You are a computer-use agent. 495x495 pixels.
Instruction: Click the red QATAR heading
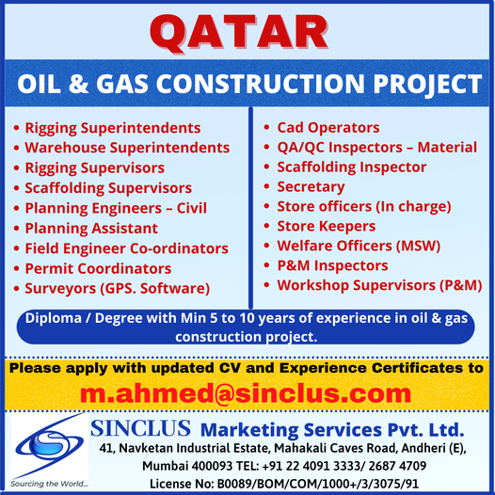click(x=239, y=33)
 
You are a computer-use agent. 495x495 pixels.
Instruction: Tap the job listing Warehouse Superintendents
click(x=127, y=148)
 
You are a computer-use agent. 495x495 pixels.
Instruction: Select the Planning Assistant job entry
click(x=91, y=229)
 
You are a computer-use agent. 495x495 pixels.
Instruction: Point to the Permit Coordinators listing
click(x=98, y=268)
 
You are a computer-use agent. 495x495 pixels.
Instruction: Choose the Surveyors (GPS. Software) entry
click(x=118, y=289)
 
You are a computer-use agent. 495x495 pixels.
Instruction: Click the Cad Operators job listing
click(x=328, y=128)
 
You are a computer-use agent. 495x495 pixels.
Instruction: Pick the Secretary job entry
click(x=311, y=187)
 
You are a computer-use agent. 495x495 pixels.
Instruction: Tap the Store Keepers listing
click(x=327, y=227)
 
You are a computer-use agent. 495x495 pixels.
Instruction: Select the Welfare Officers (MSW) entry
click(x=359, y=246)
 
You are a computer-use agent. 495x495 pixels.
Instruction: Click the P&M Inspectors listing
click(x=332, y=265)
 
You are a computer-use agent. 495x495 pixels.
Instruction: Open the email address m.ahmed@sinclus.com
click(x=246, y=393)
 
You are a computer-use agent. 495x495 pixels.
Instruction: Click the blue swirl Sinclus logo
click(x=49, y=445)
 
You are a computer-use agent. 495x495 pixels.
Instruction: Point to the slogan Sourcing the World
click(x=49, y=484)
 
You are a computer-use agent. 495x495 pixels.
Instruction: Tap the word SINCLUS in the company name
click(x=140, y=428)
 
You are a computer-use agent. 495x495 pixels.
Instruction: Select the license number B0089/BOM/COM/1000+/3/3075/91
click(x=318, y=484)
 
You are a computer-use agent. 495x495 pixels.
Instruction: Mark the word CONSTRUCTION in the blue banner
click(x=261, y=84)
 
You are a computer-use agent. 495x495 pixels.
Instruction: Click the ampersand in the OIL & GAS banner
click(x=78, y=84)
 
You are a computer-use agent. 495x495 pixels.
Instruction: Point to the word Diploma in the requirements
click(x=54, y=318)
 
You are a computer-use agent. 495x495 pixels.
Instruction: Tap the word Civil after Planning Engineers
click(x=192, y=208)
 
